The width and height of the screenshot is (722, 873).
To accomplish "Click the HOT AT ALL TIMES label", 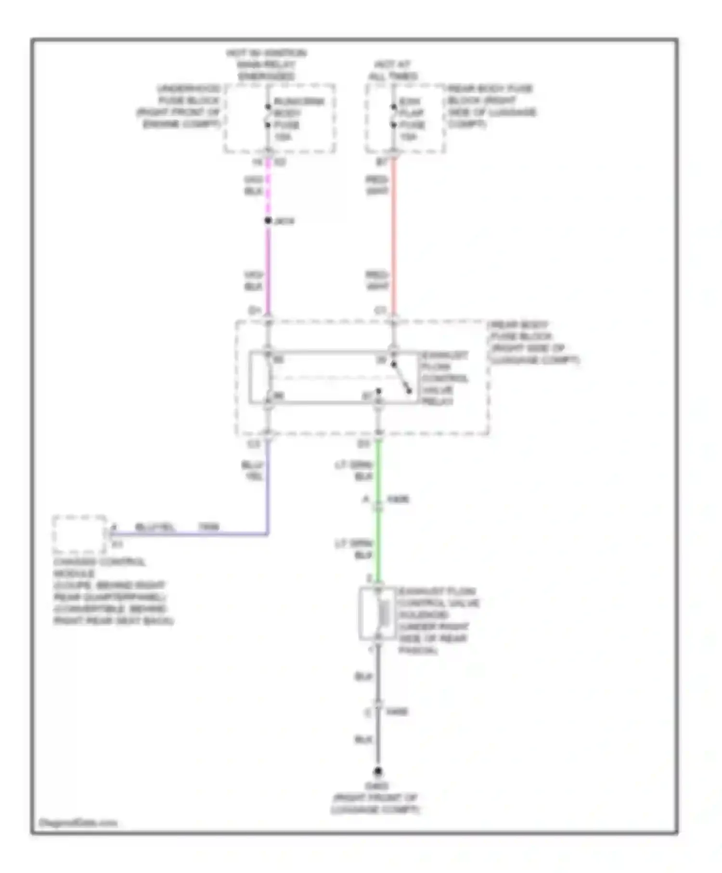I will [393, 70].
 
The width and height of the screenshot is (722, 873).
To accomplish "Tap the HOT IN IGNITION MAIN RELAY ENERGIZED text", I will [266, 64].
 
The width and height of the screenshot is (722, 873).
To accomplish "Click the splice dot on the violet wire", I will [268, 220].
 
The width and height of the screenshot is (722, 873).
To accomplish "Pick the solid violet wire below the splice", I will [268, 270].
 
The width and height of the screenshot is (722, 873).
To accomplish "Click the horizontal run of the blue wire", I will [193, 534].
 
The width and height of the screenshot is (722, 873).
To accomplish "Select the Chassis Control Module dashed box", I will [79, 534].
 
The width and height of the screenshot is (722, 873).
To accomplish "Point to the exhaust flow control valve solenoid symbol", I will [378, 614].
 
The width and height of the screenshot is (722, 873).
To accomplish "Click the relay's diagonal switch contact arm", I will [401, 377].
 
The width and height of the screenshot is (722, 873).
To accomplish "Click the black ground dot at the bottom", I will [378, 771].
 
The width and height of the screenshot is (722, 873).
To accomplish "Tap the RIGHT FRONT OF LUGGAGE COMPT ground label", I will [376, 804].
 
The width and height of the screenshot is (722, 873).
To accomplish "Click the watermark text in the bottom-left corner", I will [77, 823].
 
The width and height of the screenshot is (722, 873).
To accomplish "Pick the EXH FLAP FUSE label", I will [412, 119].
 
